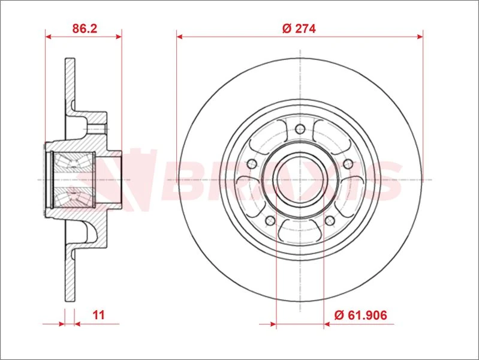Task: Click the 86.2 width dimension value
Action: click(84, 28)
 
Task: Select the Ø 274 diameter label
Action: click(299, 28)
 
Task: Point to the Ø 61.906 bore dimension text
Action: click(359, 314)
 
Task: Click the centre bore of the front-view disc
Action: click(300, 179)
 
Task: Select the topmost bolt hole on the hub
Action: click(300, 128)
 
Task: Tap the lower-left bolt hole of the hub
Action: click(270, 220)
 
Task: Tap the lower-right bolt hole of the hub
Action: click(330, 220)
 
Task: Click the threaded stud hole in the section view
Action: click(97, 128)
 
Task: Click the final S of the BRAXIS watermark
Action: click(384, 180)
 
